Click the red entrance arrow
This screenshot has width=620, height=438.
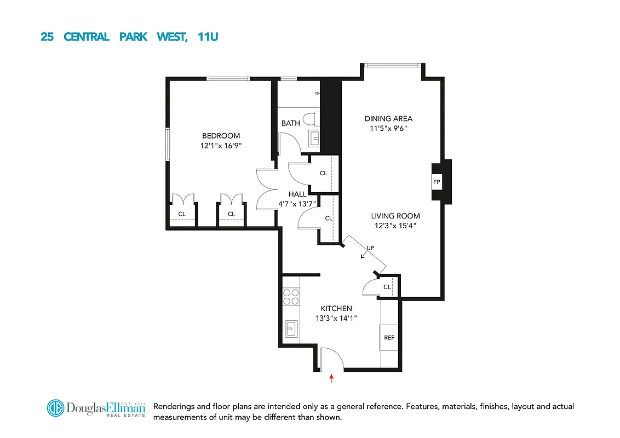[331, 378]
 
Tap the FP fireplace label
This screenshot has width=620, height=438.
[437, 182]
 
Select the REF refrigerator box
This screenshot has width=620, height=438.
[389, 337]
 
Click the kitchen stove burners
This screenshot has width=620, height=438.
[291, 296]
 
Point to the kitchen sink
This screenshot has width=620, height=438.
[291, 329]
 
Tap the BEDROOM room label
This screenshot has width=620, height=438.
[221, 136]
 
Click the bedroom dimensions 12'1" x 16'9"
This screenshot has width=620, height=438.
[221, 146]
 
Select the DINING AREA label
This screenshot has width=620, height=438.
[388, 118]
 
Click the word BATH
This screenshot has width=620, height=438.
[290, 123]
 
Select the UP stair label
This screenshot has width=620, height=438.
[370, 248]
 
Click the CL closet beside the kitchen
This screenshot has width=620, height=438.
[387, 287]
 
